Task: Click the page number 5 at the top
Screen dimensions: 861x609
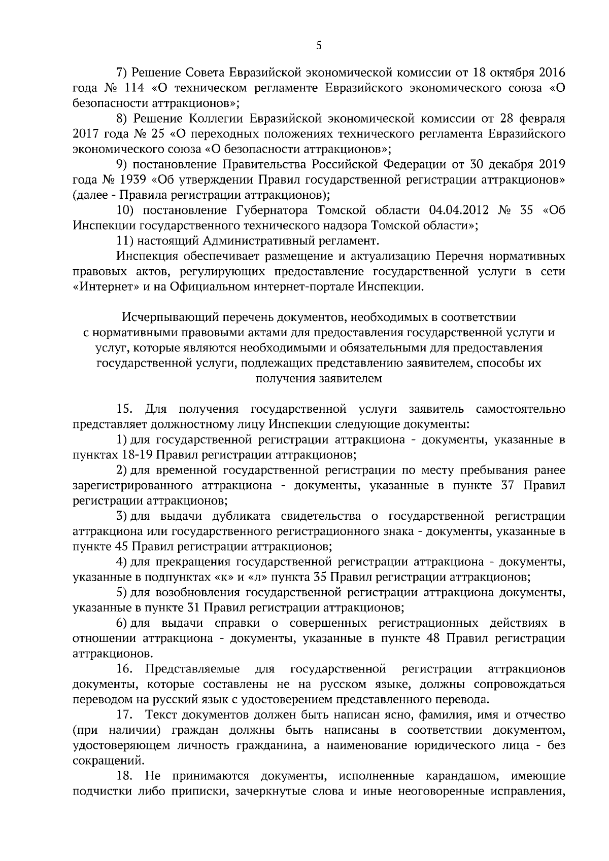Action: (319, 46)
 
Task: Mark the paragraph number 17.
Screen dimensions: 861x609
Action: (124, 715)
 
